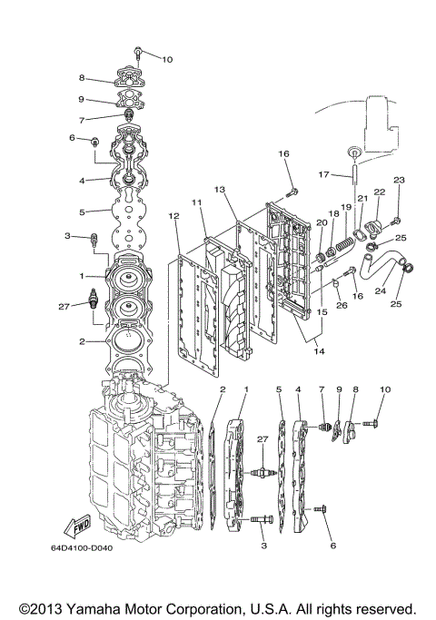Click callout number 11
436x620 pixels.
coord(195,202)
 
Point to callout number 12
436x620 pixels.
coord(173,216)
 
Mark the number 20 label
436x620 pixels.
coord(321,222)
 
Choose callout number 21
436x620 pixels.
coord(362,198)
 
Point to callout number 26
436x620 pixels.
coord(342,305)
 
